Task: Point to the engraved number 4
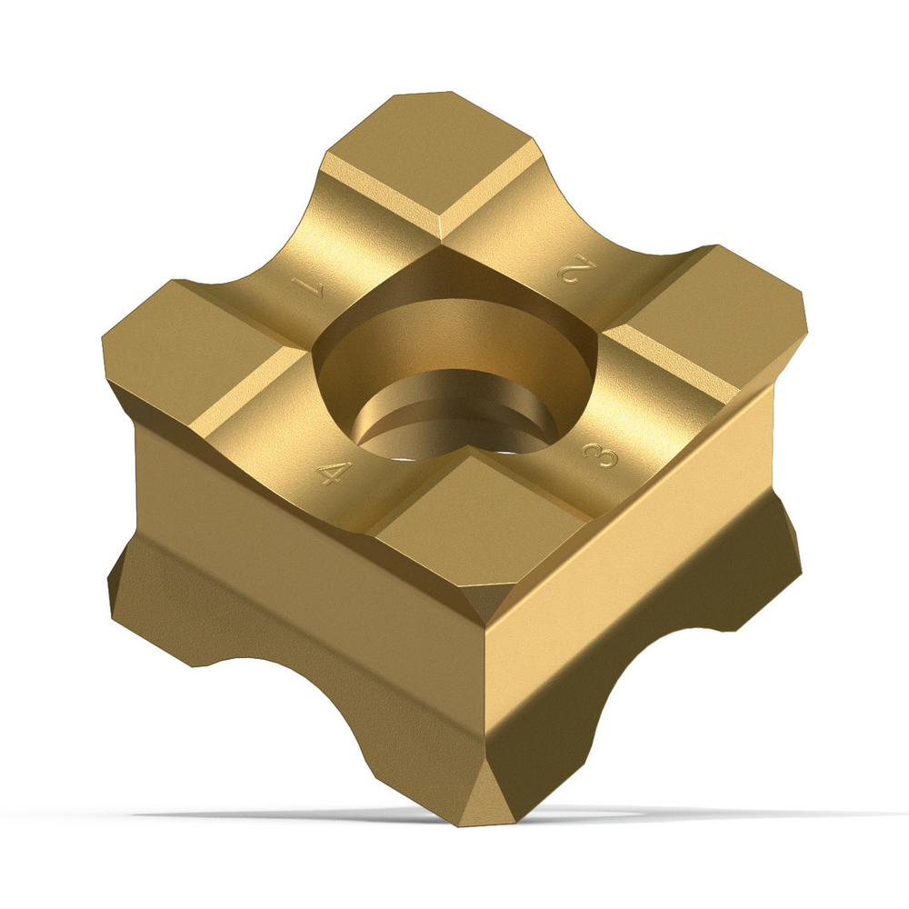(x=335, y=473)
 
